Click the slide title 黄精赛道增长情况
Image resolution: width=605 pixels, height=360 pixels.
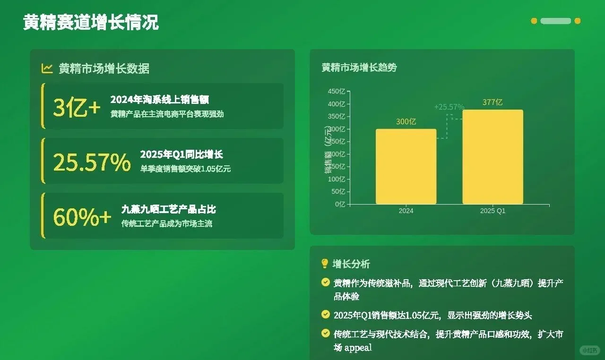click(x=91, y=23)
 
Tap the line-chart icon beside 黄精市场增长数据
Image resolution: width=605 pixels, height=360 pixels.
click(x=47, y=69)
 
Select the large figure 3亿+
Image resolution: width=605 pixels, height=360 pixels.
click(x=77, y=108)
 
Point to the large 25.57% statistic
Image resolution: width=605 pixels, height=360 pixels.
click(x=92, y=163)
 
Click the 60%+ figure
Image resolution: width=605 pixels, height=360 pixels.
click(x=82, y=217)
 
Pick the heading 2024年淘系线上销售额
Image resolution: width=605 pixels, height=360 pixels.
click(x=159, y=100)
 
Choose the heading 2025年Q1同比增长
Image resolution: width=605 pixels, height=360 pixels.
click(x=181, y=154)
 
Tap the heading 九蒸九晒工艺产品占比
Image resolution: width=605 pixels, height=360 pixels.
click(x=169, y=209)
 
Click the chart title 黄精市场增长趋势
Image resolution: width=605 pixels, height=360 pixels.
click(x=359, y=68)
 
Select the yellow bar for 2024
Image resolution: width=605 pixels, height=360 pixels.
click(x=406, y=166)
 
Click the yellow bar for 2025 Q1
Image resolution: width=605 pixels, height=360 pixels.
click(x=493, y=157)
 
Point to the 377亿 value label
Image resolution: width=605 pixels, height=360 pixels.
click(x=493, y=102)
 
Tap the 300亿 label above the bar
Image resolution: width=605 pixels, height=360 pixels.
click(x=406, y=121)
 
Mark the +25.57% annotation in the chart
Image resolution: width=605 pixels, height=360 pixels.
click(x=449, y=107)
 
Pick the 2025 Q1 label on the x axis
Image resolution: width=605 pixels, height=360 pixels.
click(x=493, y=211)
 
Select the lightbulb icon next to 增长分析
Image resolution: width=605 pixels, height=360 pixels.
click(x=325, y=264)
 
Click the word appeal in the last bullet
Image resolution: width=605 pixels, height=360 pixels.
click(x=358, y=348)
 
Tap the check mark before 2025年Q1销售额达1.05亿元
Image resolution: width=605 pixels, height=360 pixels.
click(x=325, y=314)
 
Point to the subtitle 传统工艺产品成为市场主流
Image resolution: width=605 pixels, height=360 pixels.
click(x=167, y=223)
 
